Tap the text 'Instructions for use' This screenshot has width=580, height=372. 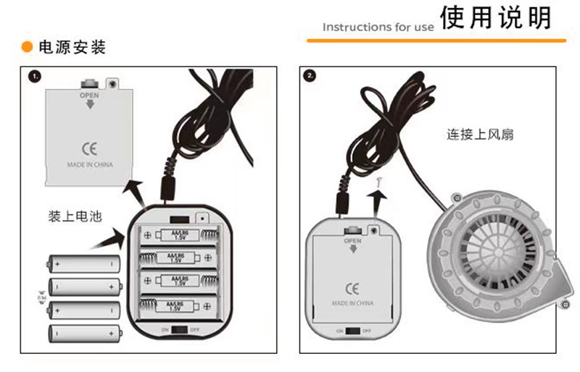378,28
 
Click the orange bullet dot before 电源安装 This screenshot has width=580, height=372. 26,48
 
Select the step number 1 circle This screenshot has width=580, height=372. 34,75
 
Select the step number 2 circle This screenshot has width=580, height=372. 311,75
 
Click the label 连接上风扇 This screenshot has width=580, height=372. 479,135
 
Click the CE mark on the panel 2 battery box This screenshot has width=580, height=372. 352,286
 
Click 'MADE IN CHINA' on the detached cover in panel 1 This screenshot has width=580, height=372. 90,165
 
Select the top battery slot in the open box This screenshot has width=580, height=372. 179,234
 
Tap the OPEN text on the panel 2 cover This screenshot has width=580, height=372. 352,240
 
